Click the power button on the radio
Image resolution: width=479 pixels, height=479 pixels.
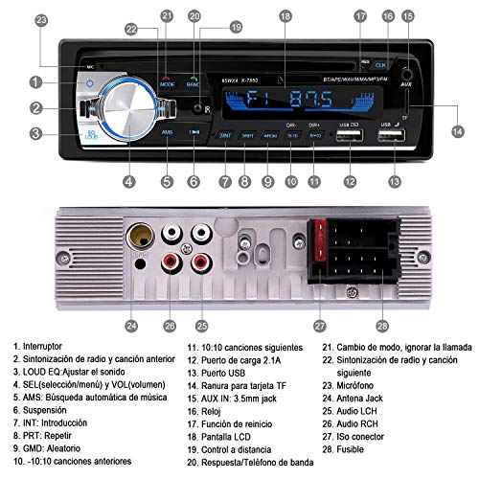point(88,83)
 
